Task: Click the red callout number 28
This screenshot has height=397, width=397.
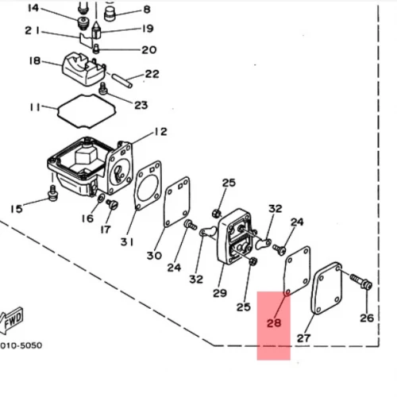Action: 274,323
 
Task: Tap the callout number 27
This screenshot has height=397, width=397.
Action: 303,338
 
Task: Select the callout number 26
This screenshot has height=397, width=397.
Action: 367,318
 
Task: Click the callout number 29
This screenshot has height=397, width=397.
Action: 220,293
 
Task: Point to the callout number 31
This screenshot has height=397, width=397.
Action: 127,241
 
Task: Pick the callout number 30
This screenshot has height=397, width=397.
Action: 154,256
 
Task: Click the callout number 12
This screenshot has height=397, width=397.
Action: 161,132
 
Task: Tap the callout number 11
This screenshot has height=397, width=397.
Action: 35,107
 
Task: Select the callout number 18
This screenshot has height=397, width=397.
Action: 35,61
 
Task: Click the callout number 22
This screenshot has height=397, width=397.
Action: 152,74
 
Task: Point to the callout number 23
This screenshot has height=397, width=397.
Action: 141,105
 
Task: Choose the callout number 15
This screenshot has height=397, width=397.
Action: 17,209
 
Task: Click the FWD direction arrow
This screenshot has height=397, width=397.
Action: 11,320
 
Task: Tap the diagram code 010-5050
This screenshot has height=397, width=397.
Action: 21,345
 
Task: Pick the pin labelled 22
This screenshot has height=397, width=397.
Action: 121,81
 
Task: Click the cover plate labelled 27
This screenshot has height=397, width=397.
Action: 327,288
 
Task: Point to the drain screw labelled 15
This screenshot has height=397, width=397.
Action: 53,194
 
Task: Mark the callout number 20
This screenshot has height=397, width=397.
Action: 149,50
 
